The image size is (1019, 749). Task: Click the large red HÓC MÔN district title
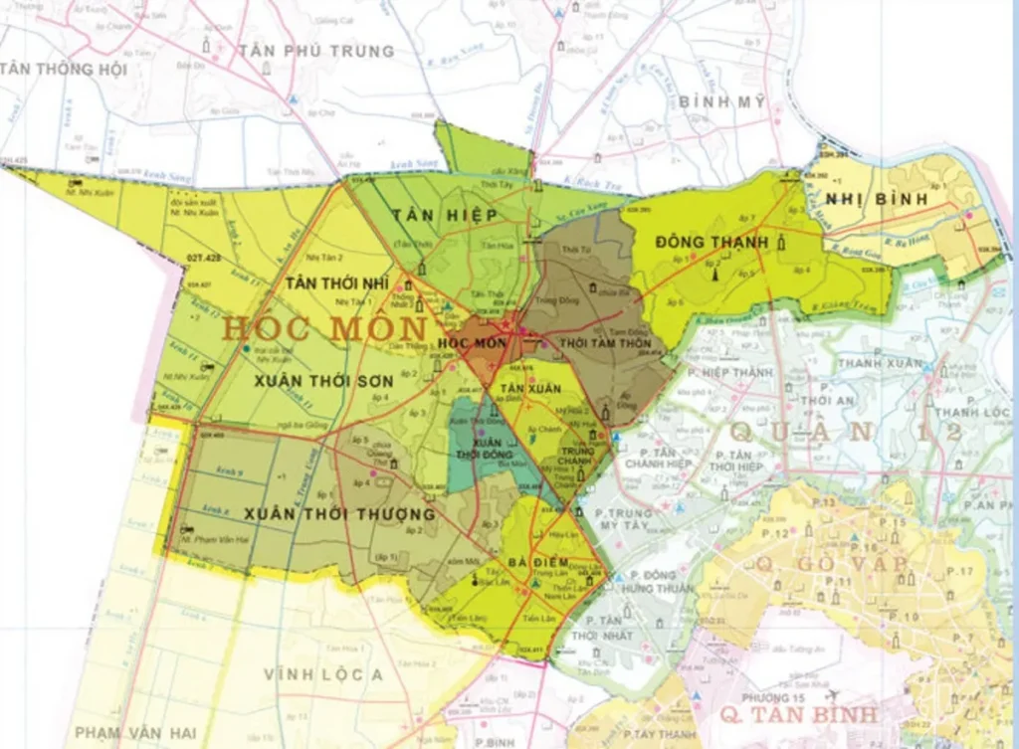point(325,327)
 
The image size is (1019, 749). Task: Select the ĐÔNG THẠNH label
point(713,242)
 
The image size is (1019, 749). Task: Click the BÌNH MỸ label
point(722,101)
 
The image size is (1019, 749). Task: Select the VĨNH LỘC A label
point(323,674)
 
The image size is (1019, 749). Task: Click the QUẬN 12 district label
point(846,431)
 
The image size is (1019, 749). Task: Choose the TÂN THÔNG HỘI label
point(64,69)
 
